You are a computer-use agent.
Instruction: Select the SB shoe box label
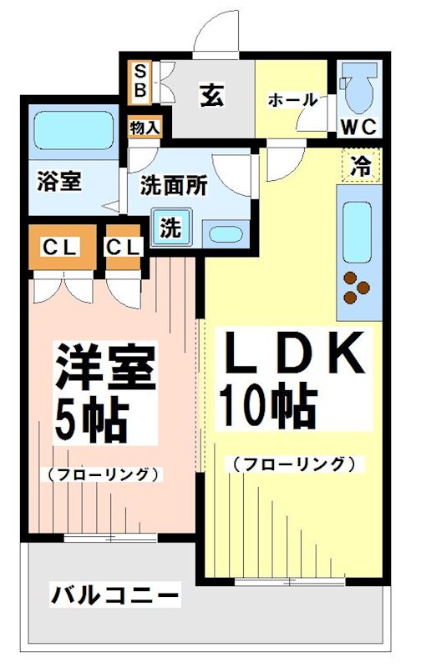139,80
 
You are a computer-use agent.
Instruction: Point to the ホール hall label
292,100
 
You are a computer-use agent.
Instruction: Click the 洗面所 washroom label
173,184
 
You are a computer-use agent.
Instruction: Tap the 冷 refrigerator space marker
360,163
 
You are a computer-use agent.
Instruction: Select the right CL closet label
124,248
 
